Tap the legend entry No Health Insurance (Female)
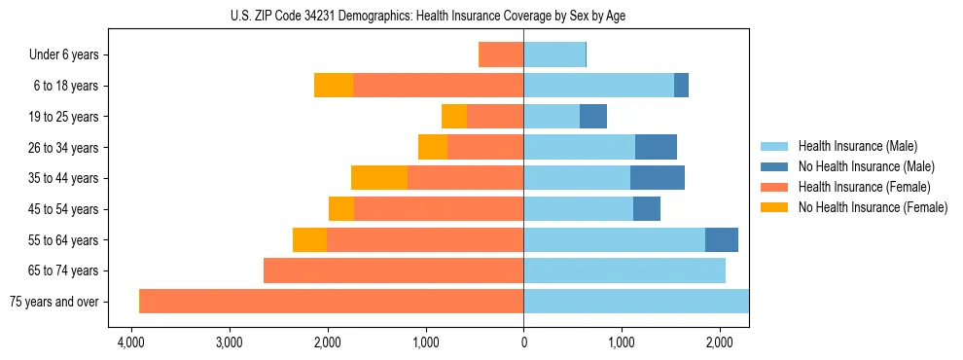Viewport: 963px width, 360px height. pos(873,207)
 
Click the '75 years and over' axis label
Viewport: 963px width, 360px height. pos(53,302)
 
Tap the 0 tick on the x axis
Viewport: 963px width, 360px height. pos(523,343)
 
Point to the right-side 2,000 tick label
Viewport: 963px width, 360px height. pos(720,343)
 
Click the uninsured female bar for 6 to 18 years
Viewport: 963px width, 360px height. pos(334,86)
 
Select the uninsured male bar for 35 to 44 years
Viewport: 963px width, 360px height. pos(658,178)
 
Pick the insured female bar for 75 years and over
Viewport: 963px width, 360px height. pos(332,302)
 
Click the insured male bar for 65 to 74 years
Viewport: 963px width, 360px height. pos(624,270)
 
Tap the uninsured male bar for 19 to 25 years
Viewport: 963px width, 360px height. pos(593,117)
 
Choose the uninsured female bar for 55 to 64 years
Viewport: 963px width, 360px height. pos(309,239)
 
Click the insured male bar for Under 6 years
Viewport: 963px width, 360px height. pos(554,54)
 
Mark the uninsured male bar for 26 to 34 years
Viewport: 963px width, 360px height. pos(656,147)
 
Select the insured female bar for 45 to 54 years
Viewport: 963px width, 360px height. pos(439,209)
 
